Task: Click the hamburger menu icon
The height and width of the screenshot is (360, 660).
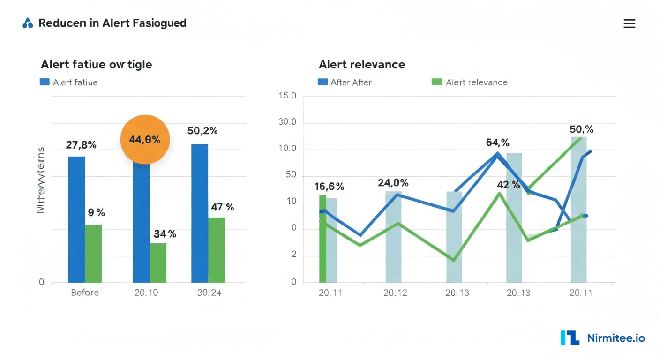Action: (x=629, y=23)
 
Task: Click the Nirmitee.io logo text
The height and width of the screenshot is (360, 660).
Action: (x=616, y=338)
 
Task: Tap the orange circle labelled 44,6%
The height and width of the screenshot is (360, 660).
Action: (x=145, y=139)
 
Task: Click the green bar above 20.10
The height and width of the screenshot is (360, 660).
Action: (x=158, y=262)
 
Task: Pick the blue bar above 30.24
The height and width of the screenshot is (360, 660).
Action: (x=200, y=213)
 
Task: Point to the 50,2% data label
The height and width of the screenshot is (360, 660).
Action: (x=202, y=131)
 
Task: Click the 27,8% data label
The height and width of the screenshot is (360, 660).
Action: (x=81, y=145)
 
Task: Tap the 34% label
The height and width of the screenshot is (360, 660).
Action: (x=165, y=233)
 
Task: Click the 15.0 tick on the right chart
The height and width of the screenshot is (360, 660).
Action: (x=287, y=96)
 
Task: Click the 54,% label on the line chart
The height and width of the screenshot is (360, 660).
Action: (x=497, y=142)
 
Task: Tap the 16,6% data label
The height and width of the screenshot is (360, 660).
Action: (x=329, y=187)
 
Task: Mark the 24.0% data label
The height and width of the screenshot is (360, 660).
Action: (x=393, y=183)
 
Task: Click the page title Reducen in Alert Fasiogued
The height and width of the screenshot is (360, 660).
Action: (x=112, y=23)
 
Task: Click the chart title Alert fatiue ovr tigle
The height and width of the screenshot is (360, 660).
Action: (x=97, y=64)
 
